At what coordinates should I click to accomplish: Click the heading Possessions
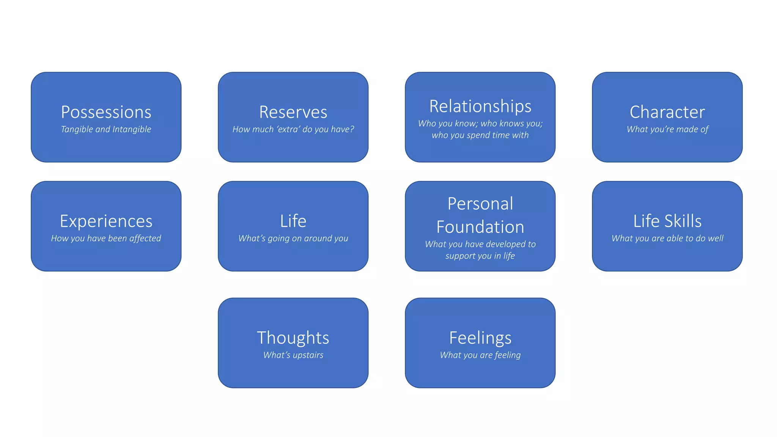pyautogui.click(x=106, y=112)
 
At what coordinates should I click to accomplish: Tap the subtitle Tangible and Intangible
pyautogui.click(x=106, y=129)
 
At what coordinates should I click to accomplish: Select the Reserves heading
pyautogui.click(x=293, y=112)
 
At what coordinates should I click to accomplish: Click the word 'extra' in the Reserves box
pyautogui.click(x=288, y=129)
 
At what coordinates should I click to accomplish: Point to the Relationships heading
pyautogui.click(x=480, y=106)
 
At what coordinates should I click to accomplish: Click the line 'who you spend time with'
pyautogui.click(x=480, y=135)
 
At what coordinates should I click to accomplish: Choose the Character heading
pyautogui.click(x=667, y=112)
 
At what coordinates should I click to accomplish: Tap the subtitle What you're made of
pyautogui.click(x=667, y=129)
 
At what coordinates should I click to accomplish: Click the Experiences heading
pyautogui.click(x=106, y=221)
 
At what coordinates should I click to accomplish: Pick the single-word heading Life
pyautogui.click(x=293, y=221)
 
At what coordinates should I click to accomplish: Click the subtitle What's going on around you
pyautogui.click(x=293, y=238)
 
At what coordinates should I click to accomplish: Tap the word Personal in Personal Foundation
pyautogui.click(x=480, y=204)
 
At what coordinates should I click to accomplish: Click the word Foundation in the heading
pyautogui.click(x=480, y=227)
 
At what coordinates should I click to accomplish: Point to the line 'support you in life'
pyautogui.click(x=480, y=256)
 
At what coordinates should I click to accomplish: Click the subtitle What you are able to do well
pyautogui.click(x=667, y=238)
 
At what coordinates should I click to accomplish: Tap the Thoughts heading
pyautogui.click(x=293, y=338)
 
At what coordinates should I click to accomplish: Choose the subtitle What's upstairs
pyautogui.click(x=293, y=355)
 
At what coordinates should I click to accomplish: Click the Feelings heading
pyautogui.click(x=480, y=338)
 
